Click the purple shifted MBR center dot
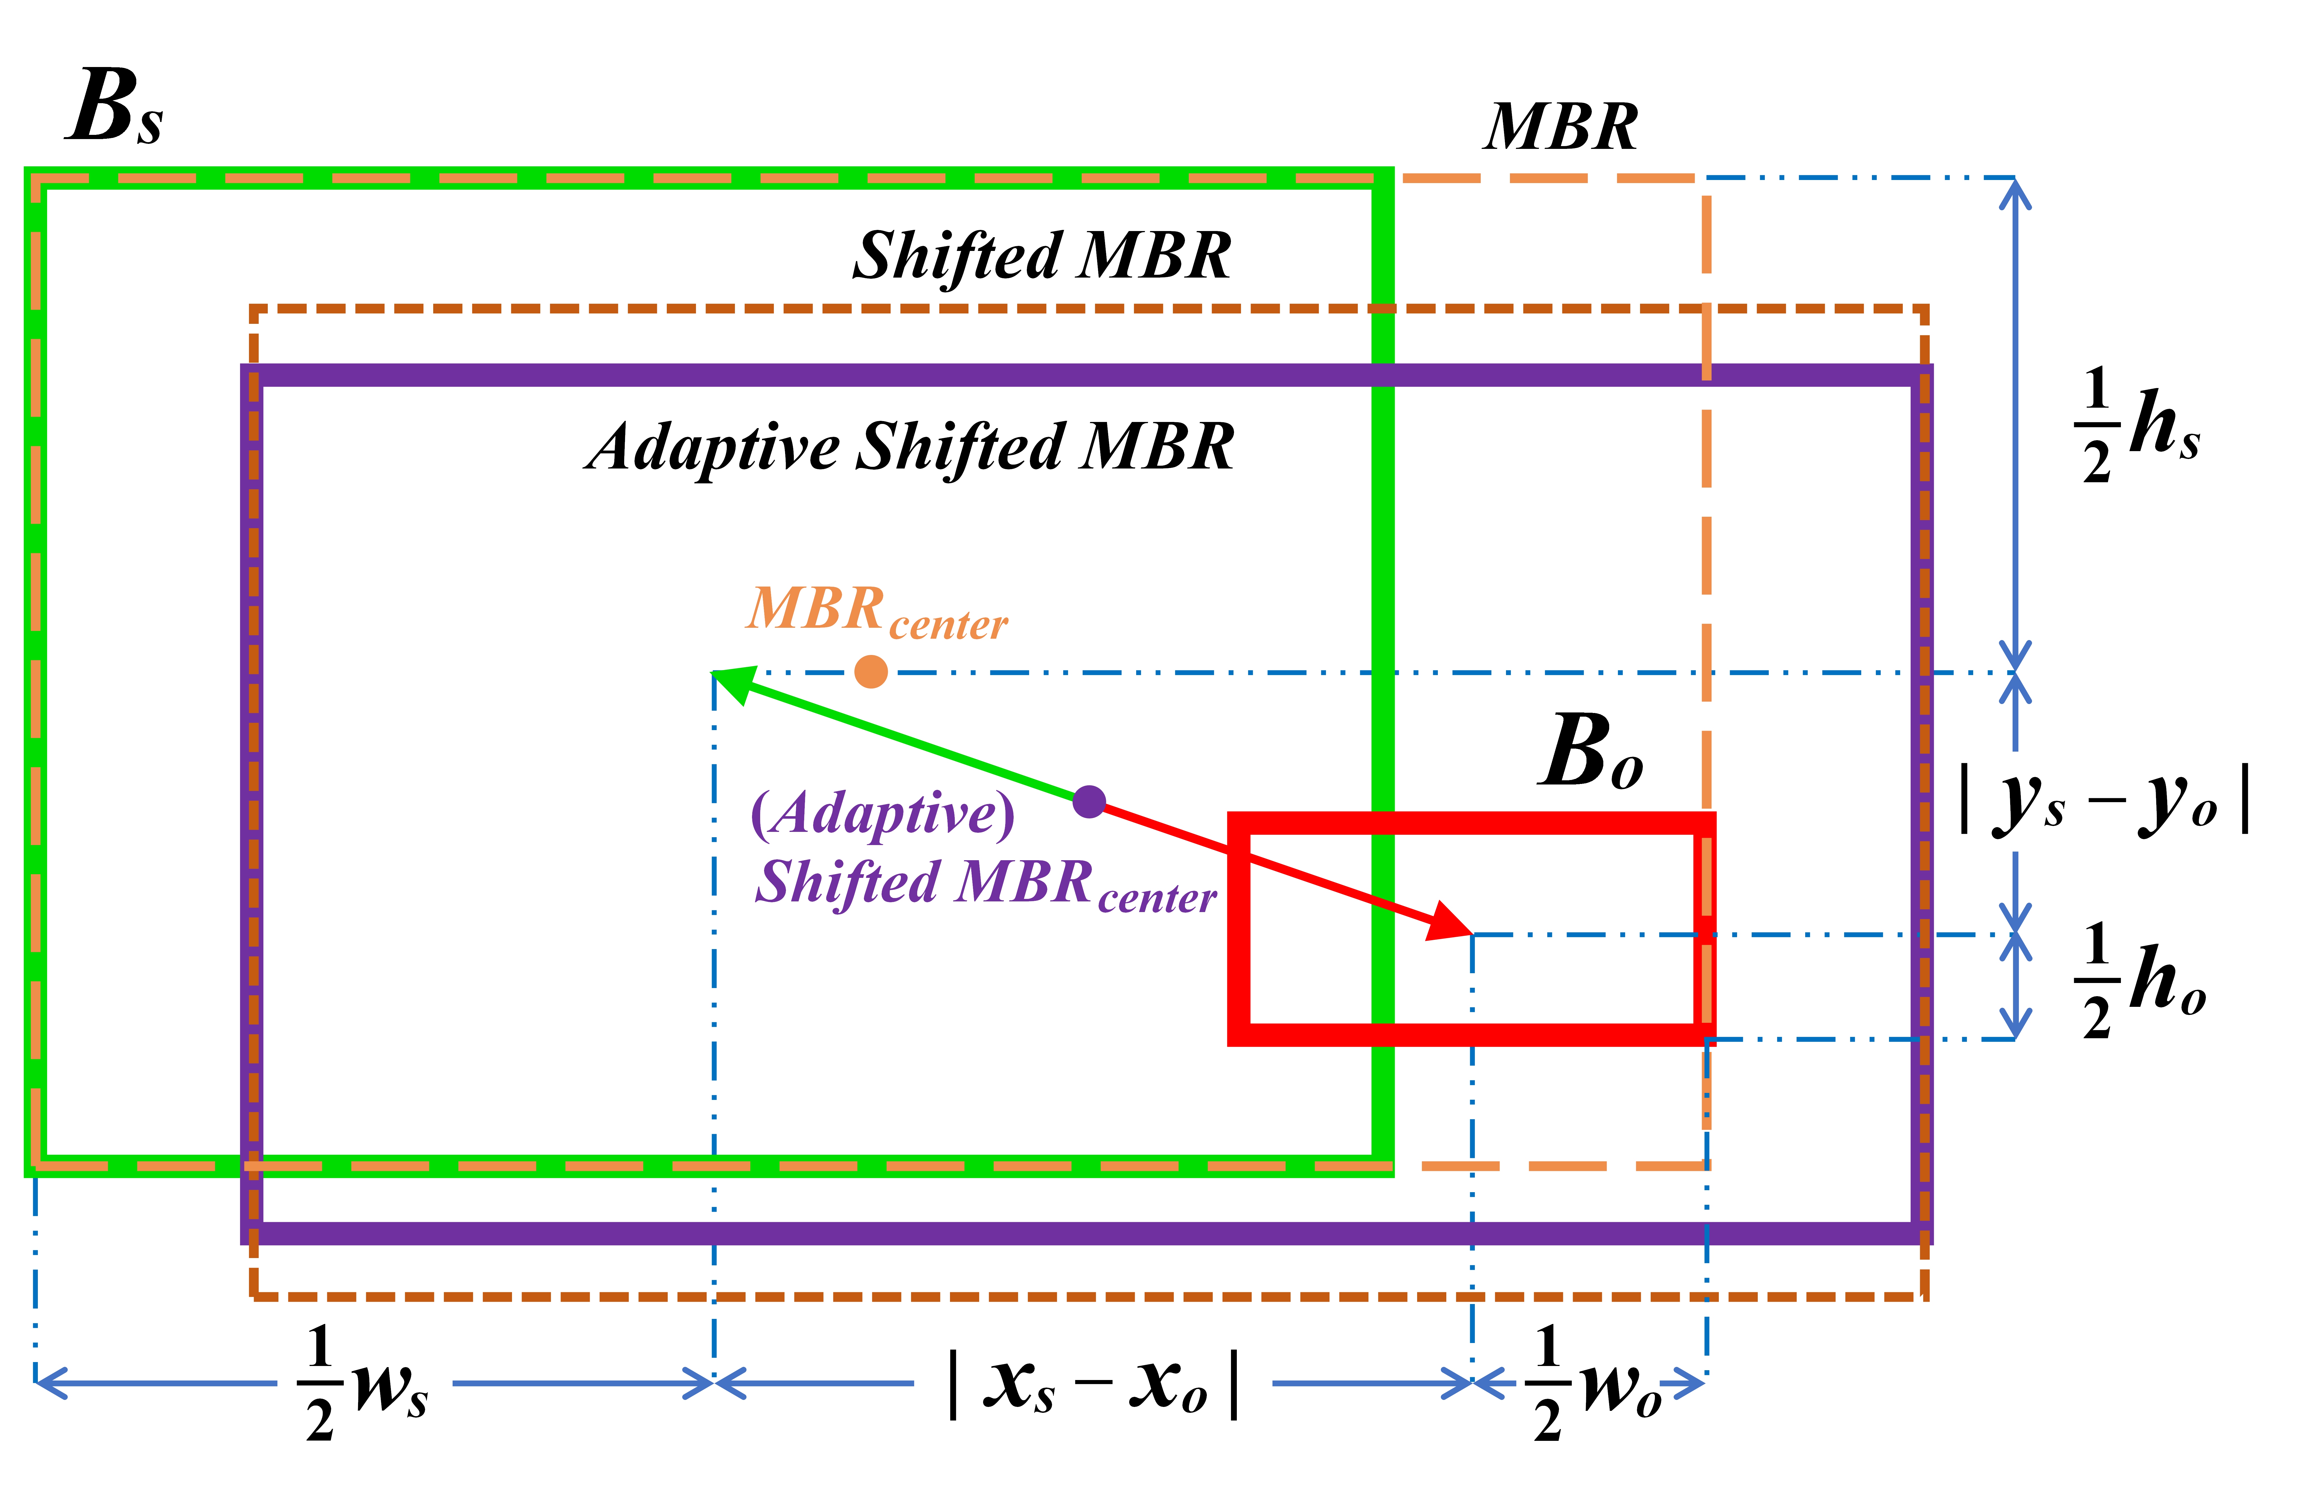(1089, 801)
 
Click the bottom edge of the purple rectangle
(1062, 1233)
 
